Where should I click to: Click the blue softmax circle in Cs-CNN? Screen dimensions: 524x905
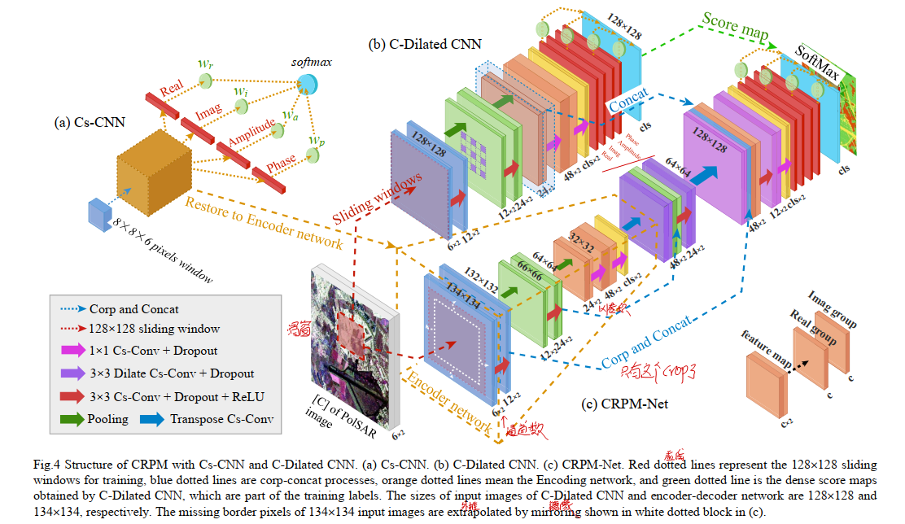[308, 83]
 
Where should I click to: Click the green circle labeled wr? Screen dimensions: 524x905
[206, 81]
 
